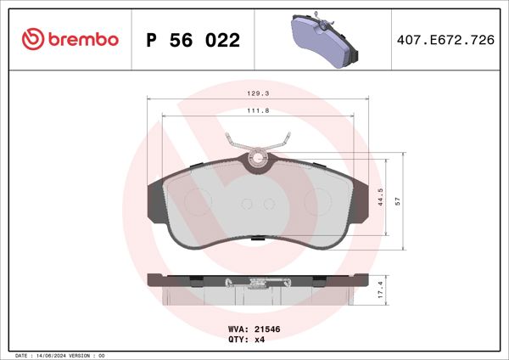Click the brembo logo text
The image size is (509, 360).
[83, 40]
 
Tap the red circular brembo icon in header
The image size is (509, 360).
[31, 40]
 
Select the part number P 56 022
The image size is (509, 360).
[193, 40]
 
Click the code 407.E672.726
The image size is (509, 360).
[445, 40]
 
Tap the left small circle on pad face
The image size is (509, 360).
[247, 204]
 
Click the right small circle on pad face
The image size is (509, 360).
[268, 204]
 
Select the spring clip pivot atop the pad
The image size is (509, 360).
[257, 157]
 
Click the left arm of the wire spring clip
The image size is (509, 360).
[235, 143]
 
